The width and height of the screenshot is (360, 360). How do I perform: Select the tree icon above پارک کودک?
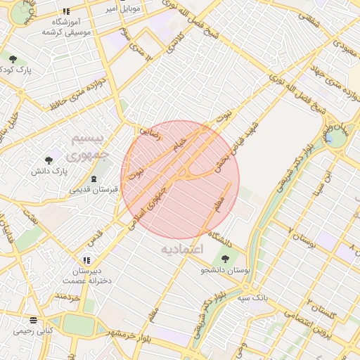pyautogui.click(x=12, y=58)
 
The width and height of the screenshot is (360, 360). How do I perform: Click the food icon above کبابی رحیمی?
pyautogui.click(x=34, y=319)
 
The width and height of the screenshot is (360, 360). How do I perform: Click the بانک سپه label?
pyautogui.click(x=252, y=298)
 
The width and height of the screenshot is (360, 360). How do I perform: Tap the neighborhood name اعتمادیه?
pyautogui.click(x=181, y=249)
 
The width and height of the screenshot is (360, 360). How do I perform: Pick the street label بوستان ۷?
pyautogui.click(x=304, y=239)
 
